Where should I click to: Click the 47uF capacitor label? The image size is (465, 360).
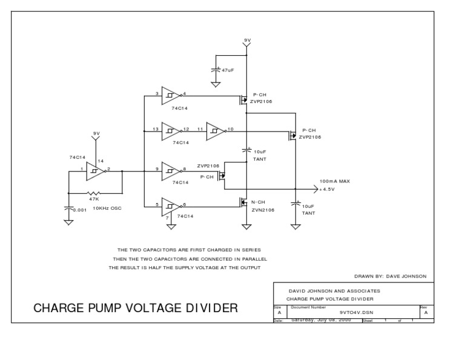tap(228, 70)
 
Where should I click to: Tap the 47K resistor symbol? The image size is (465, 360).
tap(94, 193)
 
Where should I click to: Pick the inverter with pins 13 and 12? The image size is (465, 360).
tap(171, 130)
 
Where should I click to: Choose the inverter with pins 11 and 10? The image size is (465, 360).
tap(216, 130)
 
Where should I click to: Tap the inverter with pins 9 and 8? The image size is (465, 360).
tap(171, 171)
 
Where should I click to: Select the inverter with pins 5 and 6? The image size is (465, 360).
tap(171, 206)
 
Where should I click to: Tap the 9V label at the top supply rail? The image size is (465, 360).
tap(246, 40)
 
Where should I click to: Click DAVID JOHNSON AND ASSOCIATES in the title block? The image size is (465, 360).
tap(333, 291)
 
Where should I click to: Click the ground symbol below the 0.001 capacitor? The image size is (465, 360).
tap(68, 222)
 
